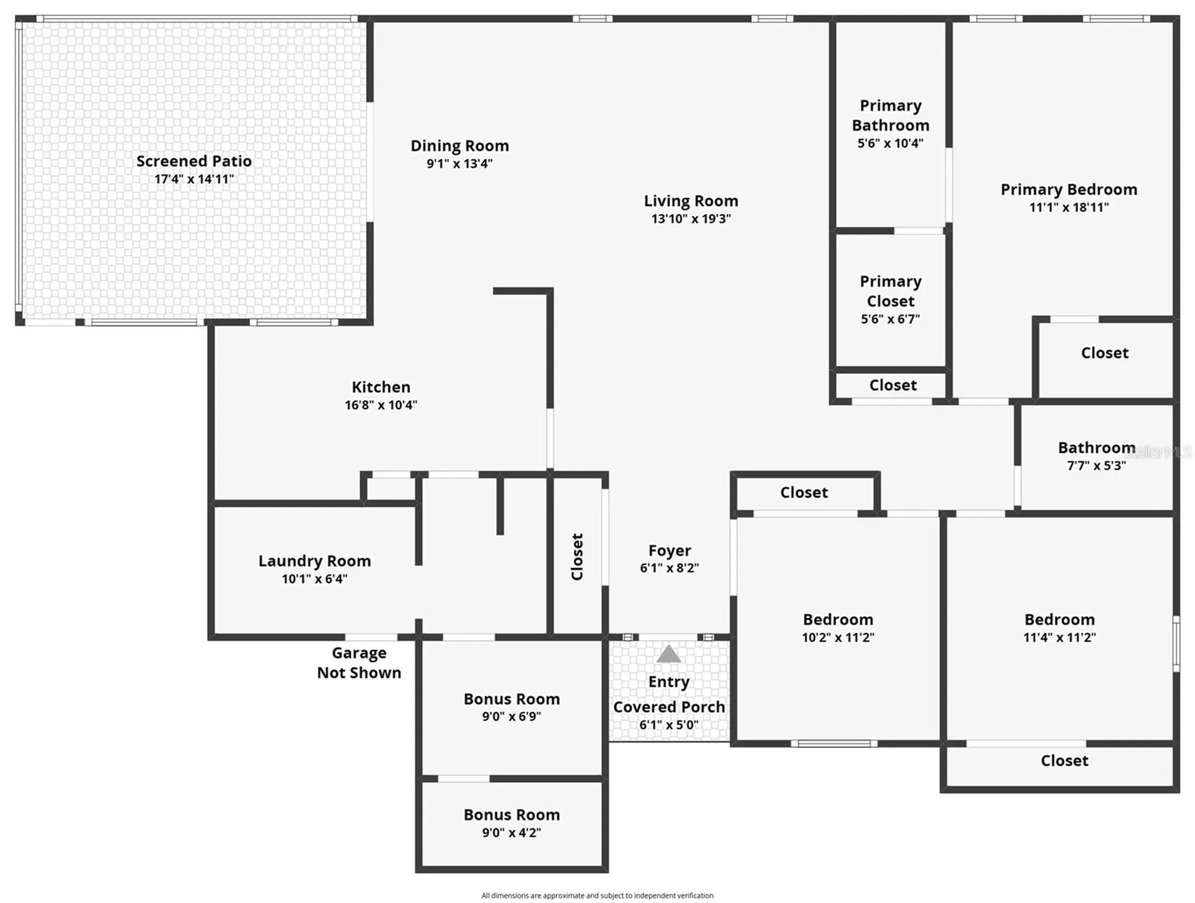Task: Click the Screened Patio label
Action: pyautogui.click(x=194, y=161)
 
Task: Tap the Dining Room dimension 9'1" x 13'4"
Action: pyautogui.click(x=459, y=164)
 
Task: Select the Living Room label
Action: pyautogui.click(x=691, y=201)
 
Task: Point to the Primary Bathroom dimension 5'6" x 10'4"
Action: pyautogui.click(x=890, y=143)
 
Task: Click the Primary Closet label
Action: pyautogui.click(x=891, y=291)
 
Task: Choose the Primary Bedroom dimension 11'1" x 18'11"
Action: pyautogui.click(x=1069, y=207)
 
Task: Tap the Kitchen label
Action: pyautogui.click(x=381, y=387)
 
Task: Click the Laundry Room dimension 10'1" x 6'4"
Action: pyautogui.click(x=314, y=579)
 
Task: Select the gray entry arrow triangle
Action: pyautogui.click(x=668, y=653)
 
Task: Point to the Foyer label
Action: pyautogui.click(x=670, y=551)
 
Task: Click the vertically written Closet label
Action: pyautogui.click(x=577, y=557)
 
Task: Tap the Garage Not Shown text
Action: pyautogui.click(x=359, y=663)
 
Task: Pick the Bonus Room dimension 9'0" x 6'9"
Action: pyautogui.click(x=512, y=716)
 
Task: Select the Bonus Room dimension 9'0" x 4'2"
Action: pyautogui.click(x=512, y=833)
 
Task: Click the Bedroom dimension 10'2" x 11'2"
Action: pyautogui.click(x=838, y=637)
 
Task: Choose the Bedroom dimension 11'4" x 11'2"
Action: pyautogui.click(x=1059, y=637)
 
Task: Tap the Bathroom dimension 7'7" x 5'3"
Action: pyautogui.click(x=1097, y=466)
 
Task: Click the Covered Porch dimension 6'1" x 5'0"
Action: pyautogui.click(x=669, y=725)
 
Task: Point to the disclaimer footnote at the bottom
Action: pyautogui.click(x=597, y=896)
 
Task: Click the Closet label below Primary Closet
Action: pyautogui.click(x=893, y=385)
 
